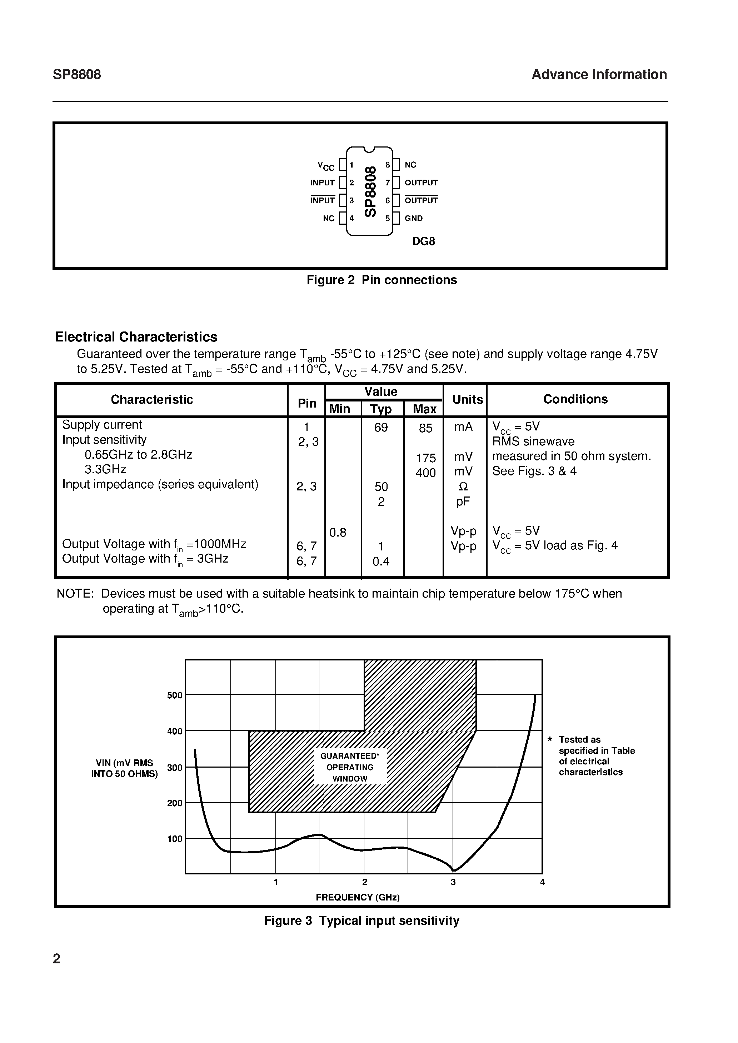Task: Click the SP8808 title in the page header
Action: pyautogui.click(x=77, y=75)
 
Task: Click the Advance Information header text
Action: pyautogui.click(x=599, y=75)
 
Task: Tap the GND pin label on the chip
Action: pyautogui.click(x=414, y=219)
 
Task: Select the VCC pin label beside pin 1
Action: pyautogui.click(x=326, y=166)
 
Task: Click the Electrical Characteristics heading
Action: pyautogui.click(x=136, y=337)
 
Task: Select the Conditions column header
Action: pyautogui.click(x=575, y=399)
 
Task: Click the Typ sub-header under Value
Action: pyautogui.click(x=381, y=409)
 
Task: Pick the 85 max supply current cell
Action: pyautogui.click(x=425, y=428)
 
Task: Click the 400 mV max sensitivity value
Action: pyautogui.click(x=425, y=473)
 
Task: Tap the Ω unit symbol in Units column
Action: pyautogui.click(x=463, y=487)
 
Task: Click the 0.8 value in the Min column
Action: pyautogui.click(x=338, y=533)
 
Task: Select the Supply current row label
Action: pyautogui.click(x=102, y=425)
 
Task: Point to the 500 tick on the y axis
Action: pyautogui.click(x=175, y=695)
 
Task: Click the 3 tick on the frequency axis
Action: pyautogui.click(x=453, y=882)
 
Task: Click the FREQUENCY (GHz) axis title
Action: pyautogui.click(x=357, y=897)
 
